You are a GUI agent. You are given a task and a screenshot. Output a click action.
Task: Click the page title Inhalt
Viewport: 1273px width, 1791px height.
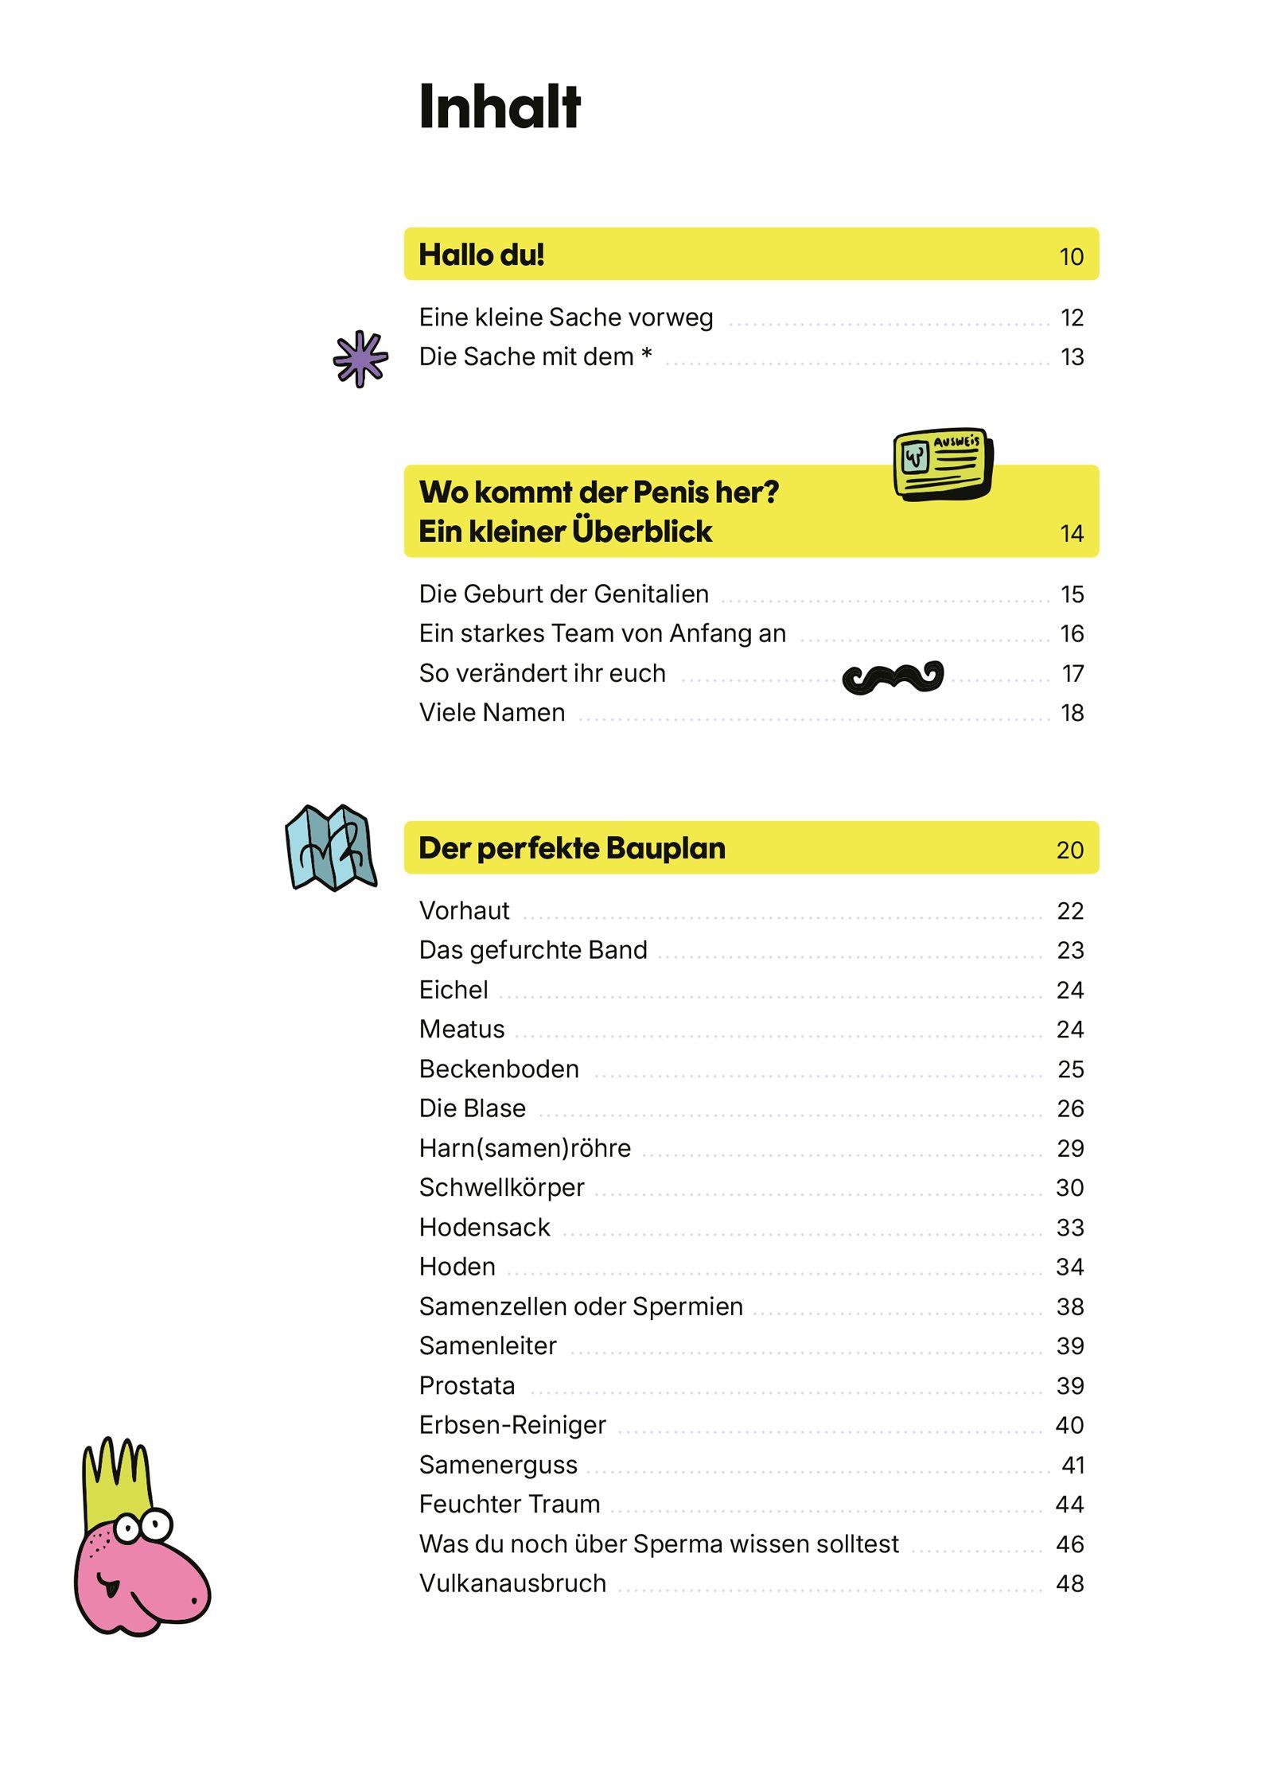pos(500,107)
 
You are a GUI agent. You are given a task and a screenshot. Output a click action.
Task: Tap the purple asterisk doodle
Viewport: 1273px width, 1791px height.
pos(360,359)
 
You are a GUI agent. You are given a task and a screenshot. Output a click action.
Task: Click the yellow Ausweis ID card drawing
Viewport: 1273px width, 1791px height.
pos(943,464)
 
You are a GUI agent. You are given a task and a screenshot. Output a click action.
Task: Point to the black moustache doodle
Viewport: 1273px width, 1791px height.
pos(893,676)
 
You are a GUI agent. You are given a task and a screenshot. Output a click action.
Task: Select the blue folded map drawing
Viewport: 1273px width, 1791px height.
pos(330,847)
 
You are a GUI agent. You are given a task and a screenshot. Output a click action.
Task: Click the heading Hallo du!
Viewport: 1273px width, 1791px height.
pos(481,255)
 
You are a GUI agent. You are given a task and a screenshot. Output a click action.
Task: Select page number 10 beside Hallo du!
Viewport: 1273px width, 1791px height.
pos(1071,257)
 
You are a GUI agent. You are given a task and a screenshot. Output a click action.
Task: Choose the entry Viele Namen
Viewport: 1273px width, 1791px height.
pos(492,712)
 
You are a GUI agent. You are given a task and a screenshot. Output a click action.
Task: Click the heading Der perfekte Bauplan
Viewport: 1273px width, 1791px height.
pos(572,848)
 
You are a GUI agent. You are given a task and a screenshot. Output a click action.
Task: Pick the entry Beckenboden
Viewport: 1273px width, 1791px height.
pos(499,1069)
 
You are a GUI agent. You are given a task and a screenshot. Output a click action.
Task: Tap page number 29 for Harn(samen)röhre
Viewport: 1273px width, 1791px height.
pos(1070,1148)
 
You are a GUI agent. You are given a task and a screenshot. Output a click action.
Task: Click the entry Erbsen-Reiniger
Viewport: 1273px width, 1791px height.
pos(512,1425)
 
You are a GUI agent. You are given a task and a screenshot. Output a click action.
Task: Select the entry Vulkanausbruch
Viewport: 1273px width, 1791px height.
pos(512,1583)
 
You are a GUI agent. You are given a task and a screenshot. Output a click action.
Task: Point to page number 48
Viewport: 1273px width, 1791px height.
pos(1070,1583)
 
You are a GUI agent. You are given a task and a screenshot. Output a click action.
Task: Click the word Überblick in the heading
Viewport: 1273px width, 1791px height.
pos(641,531)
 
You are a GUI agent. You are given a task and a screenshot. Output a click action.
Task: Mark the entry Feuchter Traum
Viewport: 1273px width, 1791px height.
pos(509,1504)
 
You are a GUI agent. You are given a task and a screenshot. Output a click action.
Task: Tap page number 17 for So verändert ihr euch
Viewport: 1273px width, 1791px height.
pos(1073,674)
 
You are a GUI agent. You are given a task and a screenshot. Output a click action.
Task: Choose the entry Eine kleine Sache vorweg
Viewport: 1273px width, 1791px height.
pos(566,317)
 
